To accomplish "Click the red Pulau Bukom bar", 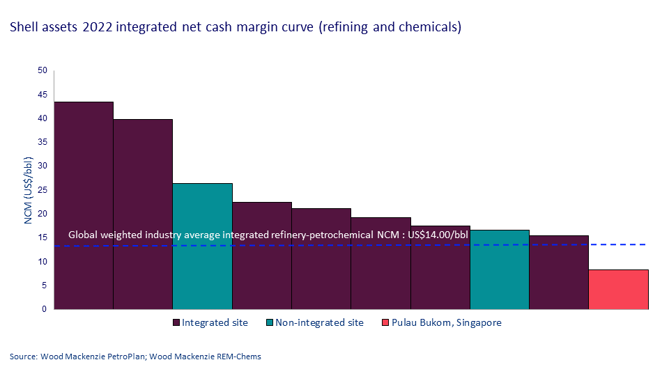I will (x=619, y=289).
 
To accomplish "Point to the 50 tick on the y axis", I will (x=42, y=70).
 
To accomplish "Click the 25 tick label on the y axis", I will (x=42, y=190).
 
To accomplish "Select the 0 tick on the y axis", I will (x=44, y=309).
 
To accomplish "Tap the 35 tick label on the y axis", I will (x=42, y=142).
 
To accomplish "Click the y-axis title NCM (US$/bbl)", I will (x=29, y=189).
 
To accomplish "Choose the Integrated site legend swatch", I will (x=176, y=322).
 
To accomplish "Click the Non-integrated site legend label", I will (x=319, y=322).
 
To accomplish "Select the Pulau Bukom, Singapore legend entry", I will (x=441, y=322).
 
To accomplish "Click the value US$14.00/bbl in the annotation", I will (x=438, y=235).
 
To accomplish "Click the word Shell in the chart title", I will (x=22, y=28).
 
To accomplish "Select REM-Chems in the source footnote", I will (x=238, y=357).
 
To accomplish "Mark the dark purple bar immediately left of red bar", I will (x=559, y=272).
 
